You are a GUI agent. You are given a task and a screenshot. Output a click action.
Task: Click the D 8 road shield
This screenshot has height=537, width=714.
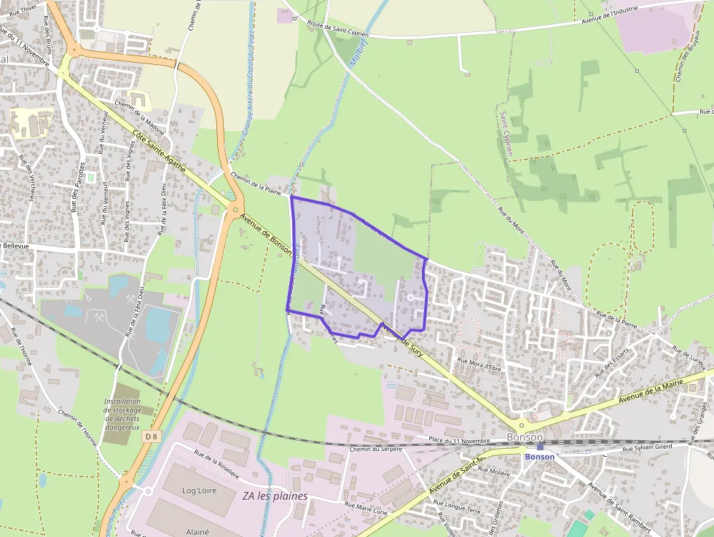point(151,436)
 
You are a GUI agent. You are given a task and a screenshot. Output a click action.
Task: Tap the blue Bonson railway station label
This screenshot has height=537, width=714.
point(540,457)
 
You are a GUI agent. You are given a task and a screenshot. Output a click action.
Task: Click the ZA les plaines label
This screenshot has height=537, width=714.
point(275,496)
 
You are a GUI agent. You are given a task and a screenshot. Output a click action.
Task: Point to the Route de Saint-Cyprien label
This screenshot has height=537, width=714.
point(339,28)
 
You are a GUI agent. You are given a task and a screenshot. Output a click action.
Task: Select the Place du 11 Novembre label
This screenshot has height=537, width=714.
point(460,441)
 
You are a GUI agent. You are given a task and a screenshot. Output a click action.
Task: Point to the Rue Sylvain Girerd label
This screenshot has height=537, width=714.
point(647,447)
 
